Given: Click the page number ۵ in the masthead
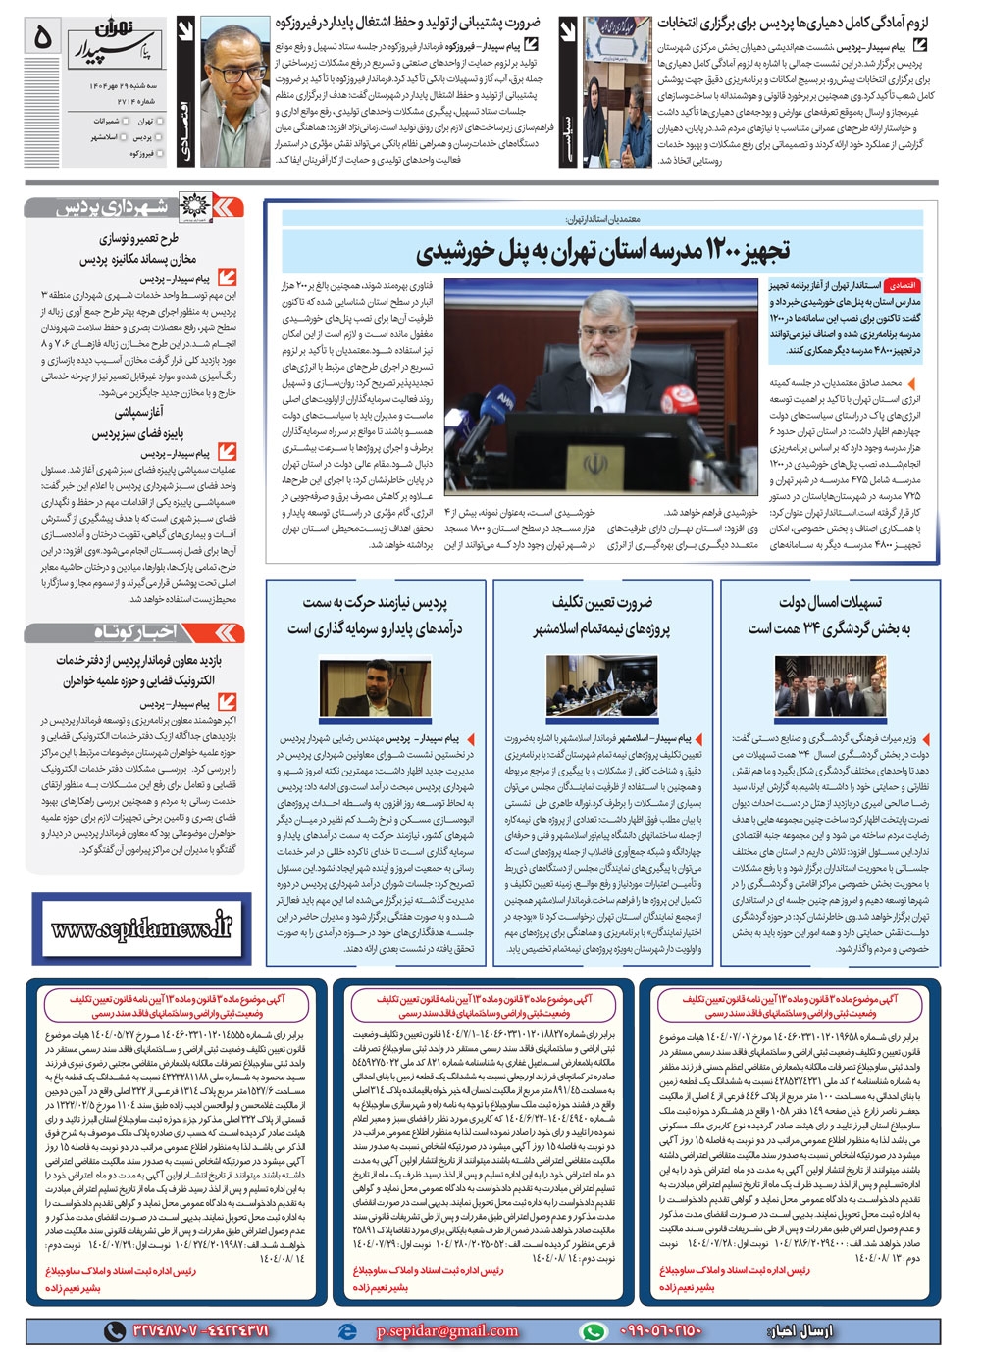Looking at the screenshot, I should click(41, 37).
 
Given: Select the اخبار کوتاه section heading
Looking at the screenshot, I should click(134, 631).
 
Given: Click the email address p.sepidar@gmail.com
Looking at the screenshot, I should click(447, 1330).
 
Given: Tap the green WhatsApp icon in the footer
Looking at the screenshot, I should click(593, 1330).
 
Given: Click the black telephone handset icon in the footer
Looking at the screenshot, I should click(115, 1330).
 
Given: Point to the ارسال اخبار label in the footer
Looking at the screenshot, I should click(806, 1330).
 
